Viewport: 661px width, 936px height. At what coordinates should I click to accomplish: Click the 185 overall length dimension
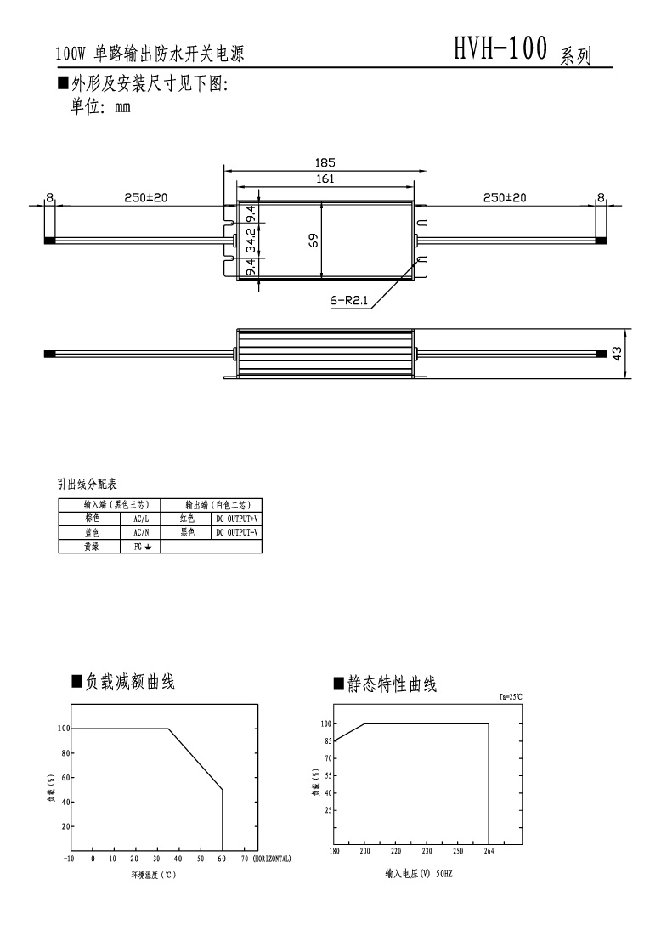click(x=325, y=162)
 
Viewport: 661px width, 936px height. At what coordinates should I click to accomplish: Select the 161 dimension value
click(x=325, y=179)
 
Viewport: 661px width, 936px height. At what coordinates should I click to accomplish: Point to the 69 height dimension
click(x=314, y=241)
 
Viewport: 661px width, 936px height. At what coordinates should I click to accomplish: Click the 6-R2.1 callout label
click(x=348, y=300)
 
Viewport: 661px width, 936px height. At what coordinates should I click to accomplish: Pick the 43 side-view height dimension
click(x=618, y=353)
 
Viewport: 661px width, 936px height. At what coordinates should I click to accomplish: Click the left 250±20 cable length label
click(x=146, y=197)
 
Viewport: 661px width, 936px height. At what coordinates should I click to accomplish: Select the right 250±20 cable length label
click(x=505, y=197)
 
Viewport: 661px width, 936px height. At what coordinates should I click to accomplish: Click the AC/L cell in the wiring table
click(x=141, y=518)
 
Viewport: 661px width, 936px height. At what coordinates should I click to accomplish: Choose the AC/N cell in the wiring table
click(x=141, y=532)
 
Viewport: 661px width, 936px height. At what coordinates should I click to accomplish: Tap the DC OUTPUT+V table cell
click(x=236, y=518)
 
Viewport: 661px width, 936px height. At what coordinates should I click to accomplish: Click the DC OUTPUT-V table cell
click(x=236, y=532)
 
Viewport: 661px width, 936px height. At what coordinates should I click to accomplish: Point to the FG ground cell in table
click(x=141, y=547)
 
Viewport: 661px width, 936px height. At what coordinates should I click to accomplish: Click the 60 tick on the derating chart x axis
click(x=223, y=859)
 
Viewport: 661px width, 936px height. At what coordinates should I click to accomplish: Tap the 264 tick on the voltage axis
click(x=489, y=850)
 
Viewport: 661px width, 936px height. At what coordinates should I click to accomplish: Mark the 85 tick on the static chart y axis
click(x=325, y=740)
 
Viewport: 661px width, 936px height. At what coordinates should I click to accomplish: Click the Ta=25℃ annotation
click(x=511, y=696)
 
